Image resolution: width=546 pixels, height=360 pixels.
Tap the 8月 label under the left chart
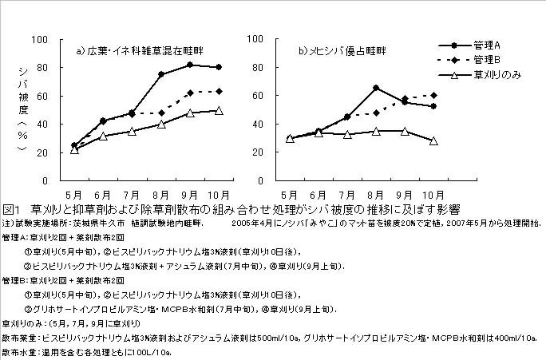point(161,194)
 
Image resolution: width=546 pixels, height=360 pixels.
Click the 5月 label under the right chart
point(291,194)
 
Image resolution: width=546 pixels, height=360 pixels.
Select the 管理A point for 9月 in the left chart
point(190,65)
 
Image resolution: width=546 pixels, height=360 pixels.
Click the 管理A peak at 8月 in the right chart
point(376,88)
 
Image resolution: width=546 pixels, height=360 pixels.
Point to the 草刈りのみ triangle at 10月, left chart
point(219,111)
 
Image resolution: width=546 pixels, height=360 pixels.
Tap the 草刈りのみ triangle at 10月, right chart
point(433,140)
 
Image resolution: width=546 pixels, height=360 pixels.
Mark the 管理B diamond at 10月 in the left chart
point(219,91)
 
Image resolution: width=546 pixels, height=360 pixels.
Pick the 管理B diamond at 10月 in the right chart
point(433,95)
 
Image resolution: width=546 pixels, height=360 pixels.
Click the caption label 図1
point(11,209)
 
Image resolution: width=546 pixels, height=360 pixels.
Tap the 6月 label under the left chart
point(104,194)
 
